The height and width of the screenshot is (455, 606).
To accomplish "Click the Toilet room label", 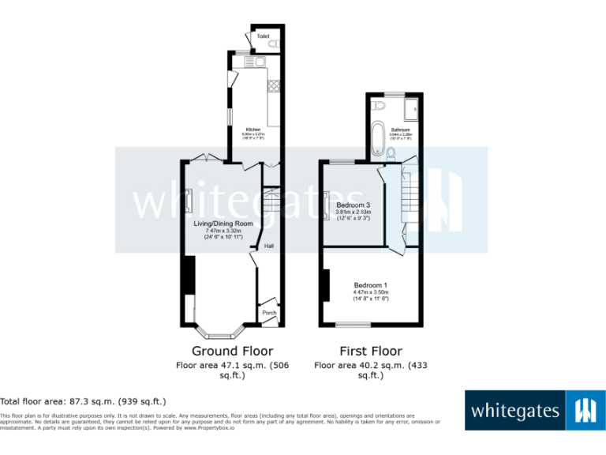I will (262, 36).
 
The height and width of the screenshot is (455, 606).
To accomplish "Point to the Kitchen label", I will (253, 130).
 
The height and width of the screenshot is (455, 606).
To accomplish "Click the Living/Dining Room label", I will (223, 224).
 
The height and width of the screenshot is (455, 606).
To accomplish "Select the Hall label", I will (268, 246).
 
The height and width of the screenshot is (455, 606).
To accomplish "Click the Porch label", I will (268, 313).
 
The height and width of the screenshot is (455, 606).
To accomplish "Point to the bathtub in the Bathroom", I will (378, 135).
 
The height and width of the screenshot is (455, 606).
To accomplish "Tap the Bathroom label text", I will (400, 130).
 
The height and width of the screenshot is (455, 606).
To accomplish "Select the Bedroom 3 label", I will (353, 205).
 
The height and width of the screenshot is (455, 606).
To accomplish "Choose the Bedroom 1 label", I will (370, 285).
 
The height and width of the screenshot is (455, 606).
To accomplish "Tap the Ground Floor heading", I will (232, 351).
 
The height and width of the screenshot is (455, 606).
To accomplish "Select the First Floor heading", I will (370, 351).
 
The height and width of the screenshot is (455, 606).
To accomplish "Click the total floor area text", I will (83, 401).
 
